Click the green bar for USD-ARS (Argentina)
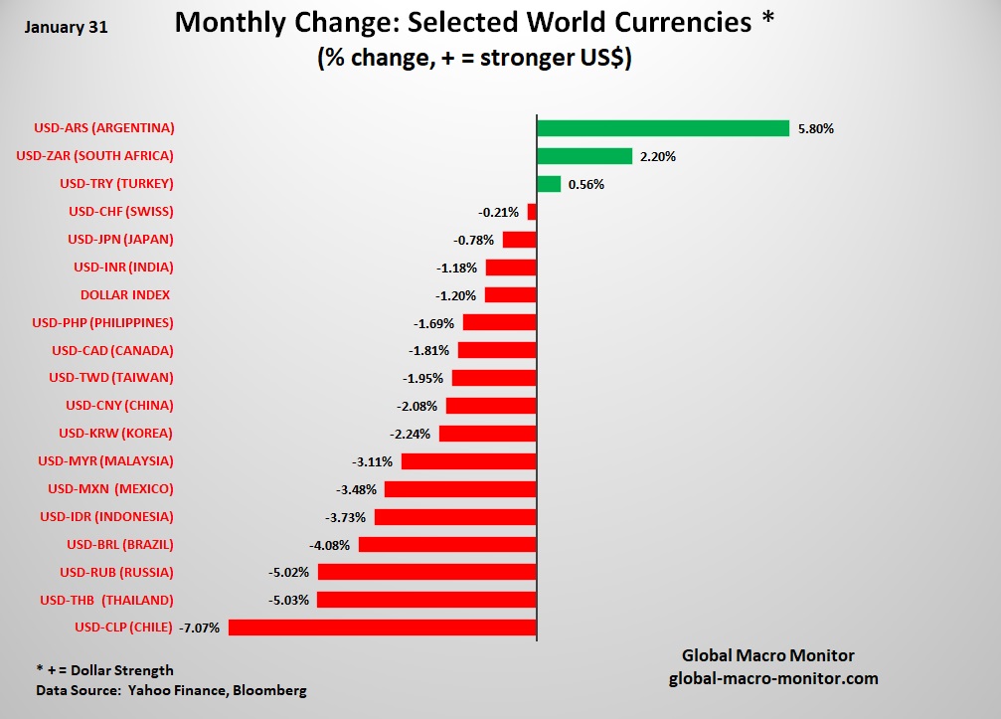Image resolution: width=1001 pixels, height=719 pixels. pos(662,128)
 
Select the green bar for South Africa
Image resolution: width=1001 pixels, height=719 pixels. pos(584,156)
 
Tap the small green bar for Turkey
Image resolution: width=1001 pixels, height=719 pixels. pos(549,184)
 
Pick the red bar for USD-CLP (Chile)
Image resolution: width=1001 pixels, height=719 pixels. pos(383,628)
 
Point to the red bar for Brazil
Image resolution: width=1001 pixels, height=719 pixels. pos(447,545)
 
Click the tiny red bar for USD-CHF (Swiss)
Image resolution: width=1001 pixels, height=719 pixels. pos(532,212)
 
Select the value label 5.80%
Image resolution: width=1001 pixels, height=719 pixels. pos(815,128)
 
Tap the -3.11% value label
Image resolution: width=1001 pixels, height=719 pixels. pos(373,461)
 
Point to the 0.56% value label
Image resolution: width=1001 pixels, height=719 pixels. pos(586,184)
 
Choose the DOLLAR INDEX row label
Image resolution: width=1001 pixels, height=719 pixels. pos(125,295)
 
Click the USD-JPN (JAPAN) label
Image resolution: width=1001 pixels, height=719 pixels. pos(120,240)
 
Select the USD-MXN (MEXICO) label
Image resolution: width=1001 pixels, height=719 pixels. pos(110,489)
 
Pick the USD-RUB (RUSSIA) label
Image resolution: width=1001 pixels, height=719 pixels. pos(116,572)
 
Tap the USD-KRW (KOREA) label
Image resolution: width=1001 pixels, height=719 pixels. pos(115,434)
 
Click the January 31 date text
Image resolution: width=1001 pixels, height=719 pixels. pos(66,28)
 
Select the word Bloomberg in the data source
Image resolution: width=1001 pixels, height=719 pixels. pos(270,690)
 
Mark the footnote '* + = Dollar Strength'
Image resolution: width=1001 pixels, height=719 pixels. pos(104,670)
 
